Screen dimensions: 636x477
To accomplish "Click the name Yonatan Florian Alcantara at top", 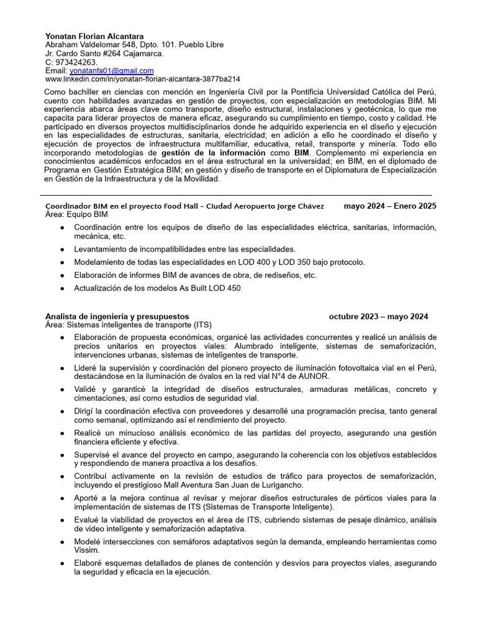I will click(94, 36).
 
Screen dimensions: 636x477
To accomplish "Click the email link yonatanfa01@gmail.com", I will click(111, 71).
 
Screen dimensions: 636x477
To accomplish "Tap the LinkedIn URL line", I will click(143, 79).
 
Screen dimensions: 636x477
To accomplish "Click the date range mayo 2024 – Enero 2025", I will click(389, 206).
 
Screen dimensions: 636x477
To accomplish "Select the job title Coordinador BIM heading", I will click(184, 206).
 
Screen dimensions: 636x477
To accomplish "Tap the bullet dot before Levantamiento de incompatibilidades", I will click(62, 249).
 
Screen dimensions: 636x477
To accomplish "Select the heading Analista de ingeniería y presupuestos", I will click(117, 316).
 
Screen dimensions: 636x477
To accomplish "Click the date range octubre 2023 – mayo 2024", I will click(378, 316).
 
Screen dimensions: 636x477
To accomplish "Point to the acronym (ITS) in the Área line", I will click(202, 325).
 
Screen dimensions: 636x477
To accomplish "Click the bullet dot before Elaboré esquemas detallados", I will click(62, 563).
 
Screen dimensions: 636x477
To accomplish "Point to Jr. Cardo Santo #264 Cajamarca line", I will click(104, 53).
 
